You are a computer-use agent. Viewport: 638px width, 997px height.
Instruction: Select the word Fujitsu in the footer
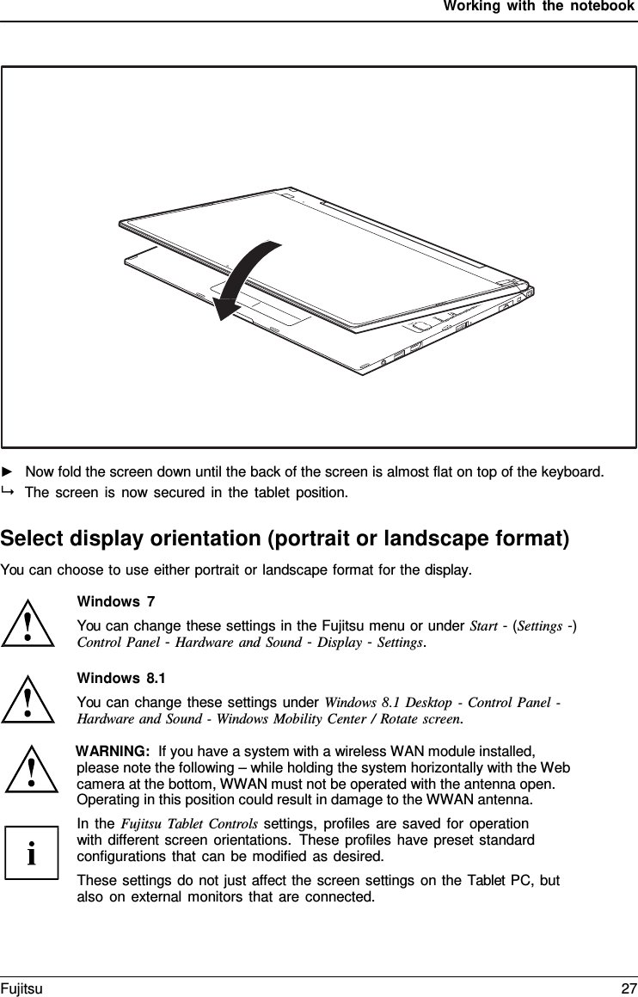[x=21, y=989]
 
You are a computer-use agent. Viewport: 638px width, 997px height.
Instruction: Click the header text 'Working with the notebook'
[x=539, y=7]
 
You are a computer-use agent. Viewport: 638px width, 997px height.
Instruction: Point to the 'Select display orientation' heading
[x=285, y=539]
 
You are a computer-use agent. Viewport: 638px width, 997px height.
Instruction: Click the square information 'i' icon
[x=32, y=852]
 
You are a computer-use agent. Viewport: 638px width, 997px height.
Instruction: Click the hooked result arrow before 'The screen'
[x=9, y=492]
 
